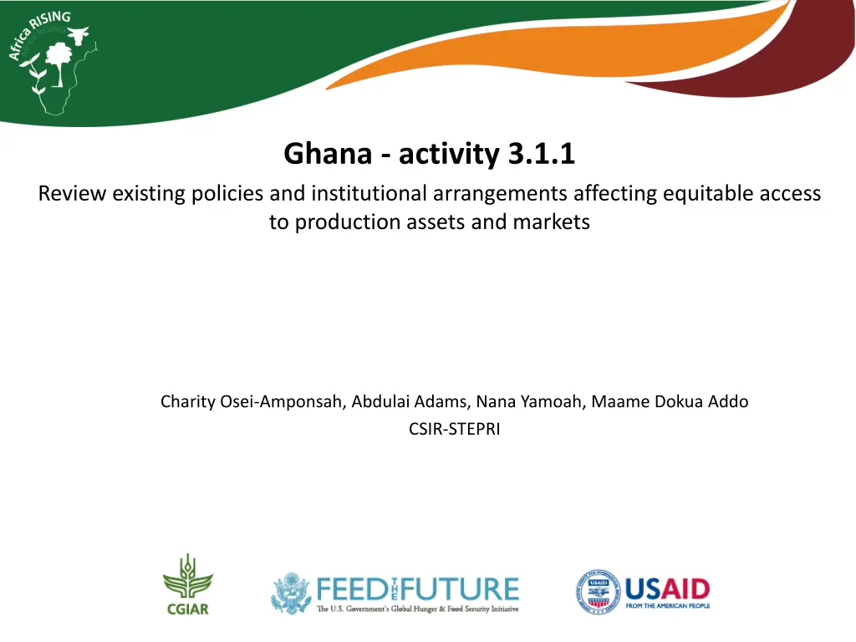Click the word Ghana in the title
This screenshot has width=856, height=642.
point(328,154)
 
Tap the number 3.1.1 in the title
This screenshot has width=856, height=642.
point(541,154)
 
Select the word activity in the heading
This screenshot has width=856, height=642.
point(449,155)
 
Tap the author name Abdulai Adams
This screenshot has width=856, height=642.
point(410,402)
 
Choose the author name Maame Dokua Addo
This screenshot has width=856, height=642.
point(670,402)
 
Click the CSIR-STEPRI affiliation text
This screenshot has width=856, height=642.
point(454,429)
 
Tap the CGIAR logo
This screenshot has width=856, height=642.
point(188,584)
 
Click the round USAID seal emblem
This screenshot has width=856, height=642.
point(599,592)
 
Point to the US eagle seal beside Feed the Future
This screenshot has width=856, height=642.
point(292,593)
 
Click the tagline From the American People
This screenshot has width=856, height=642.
point(668,606)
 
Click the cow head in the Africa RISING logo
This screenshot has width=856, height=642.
point(79,36)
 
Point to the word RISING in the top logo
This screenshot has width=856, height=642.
point(50,20)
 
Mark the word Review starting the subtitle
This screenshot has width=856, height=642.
point(72,194)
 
